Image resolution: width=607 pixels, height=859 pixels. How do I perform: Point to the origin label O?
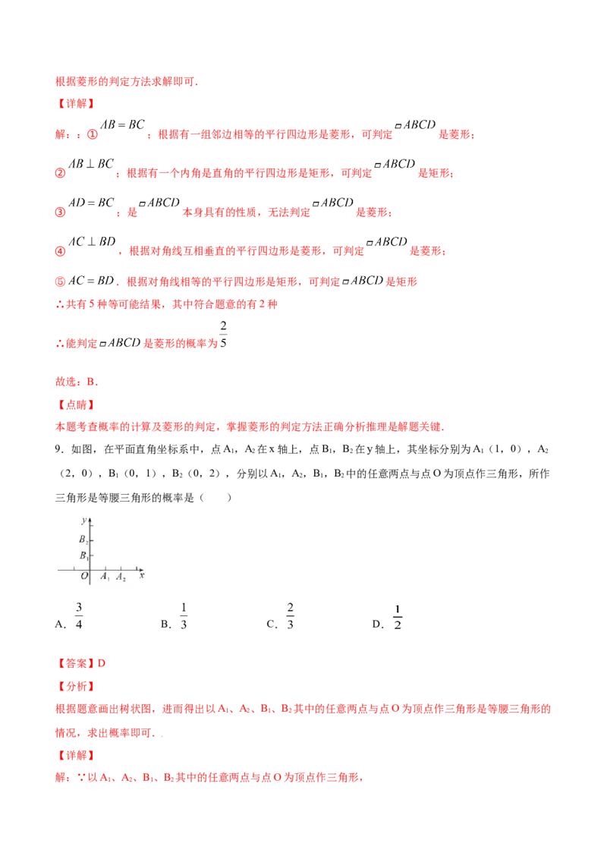pos(84,577)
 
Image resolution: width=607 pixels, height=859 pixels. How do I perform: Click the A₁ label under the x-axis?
pos(105,577)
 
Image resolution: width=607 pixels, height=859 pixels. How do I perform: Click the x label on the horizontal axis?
pos(143,577)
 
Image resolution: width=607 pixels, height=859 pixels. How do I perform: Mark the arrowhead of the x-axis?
pos(143,568)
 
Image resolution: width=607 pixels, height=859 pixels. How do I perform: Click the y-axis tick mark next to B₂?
pos(92,540)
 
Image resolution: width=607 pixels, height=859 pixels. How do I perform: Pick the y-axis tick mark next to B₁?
pos(92,555)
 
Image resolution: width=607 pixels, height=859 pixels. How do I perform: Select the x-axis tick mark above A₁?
pos(105,567)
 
